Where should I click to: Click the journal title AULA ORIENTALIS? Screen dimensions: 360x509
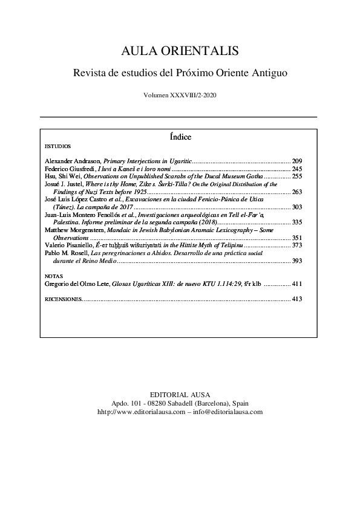[179, 51]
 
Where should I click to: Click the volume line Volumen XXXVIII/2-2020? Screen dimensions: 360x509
[179, 96]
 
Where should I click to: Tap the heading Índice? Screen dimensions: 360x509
[179, 137]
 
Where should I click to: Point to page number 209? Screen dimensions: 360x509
[297, 161]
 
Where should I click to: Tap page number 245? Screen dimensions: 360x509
[297, 169]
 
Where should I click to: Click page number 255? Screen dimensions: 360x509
[297, 177]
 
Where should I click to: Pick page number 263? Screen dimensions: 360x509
[297, 192]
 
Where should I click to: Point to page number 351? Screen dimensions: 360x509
[297, 238]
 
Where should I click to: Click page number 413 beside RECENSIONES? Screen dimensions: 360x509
[297, 298]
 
